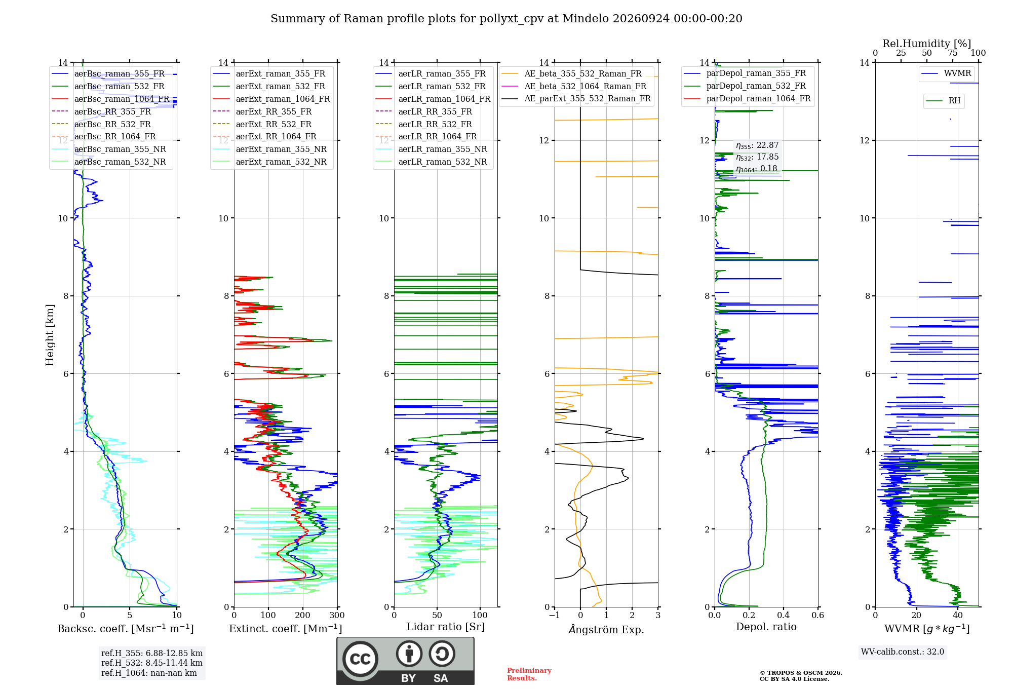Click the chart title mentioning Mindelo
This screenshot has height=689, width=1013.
(x=506, y=19)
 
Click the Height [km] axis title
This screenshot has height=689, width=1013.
(x=50, y=335)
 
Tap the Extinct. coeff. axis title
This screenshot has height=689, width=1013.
(x=286, y=629)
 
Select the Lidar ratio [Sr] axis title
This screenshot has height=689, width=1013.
(x=446, y=627)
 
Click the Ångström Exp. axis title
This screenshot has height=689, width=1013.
(x=606, y=629)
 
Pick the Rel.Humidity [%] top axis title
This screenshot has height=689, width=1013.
(x=927, y=44)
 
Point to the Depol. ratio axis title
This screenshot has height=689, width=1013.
(x=766, y=627)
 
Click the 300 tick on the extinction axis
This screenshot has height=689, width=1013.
(x=337, y=615)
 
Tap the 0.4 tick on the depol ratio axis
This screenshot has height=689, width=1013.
(x=783, y=615)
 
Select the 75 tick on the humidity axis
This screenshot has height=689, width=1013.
(x=952, y=53)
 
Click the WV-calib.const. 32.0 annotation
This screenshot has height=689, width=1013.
(x=903, y=652)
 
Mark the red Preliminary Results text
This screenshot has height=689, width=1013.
(x=529, y=674)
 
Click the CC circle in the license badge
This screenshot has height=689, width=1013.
(x=361, y=659)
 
